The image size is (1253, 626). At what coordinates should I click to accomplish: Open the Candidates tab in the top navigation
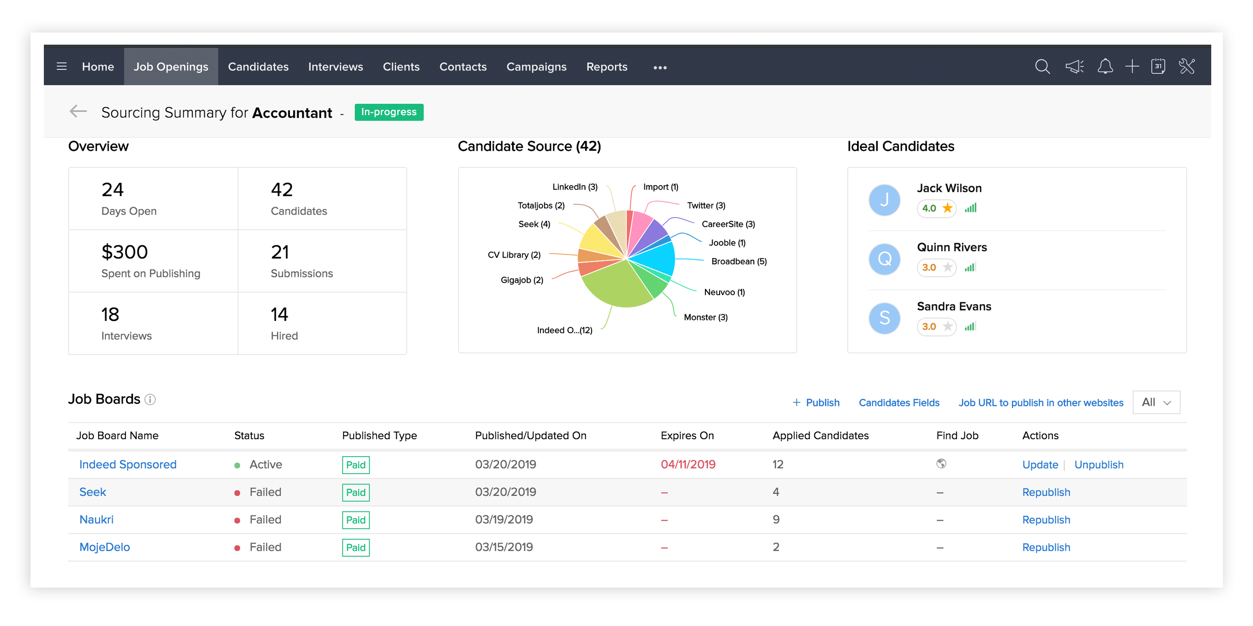click(258, 67)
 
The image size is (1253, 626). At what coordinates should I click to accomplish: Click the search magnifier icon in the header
click(1042, 67)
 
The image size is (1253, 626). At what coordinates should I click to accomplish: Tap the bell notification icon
click(1105, 67)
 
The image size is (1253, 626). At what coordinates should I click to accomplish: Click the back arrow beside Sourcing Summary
click(78, 112)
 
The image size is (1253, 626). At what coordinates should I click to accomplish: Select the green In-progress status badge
click(389, 112)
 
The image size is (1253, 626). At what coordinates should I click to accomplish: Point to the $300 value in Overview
click(124, 252)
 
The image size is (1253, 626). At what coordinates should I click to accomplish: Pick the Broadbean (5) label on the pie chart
click(738, 262)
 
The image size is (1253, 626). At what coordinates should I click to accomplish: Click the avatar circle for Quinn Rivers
click(884, 259)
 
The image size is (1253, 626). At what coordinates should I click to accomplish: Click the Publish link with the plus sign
click(816, 402)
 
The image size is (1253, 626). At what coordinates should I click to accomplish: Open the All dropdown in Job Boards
click(1156, 402)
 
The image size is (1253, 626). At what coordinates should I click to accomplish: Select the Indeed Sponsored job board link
click(127, 464)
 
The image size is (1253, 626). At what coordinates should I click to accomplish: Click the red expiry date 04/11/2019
click(688, 464)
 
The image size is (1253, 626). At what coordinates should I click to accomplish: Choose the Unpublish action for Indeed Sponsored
click(1098, 464)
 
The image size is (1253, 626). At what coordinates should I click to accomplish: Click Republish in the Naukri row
click(1046, 520)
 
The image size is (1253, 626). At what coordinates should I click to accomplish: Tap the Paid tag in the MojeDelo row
click(355, 548)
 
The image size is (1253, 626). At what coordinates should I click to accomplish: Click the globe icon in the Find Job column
click(941, 464)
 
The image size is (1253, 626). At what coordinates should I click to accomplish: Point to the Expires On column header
click(687, 435)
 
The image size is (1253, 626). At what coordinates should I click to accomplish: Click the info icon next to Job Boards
click(150, 399)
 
